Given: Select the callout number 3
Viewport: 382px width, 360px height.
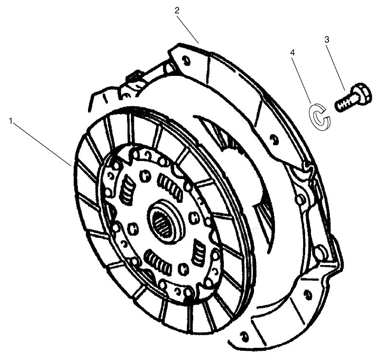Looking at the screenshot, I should coord(327,39).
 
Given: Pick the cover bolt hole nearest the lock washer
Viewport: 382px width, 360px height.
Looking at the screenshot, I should coord(273,141).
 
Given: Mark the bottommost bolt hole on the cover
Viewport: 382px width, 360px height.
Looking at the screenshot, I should coord(242,334).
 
